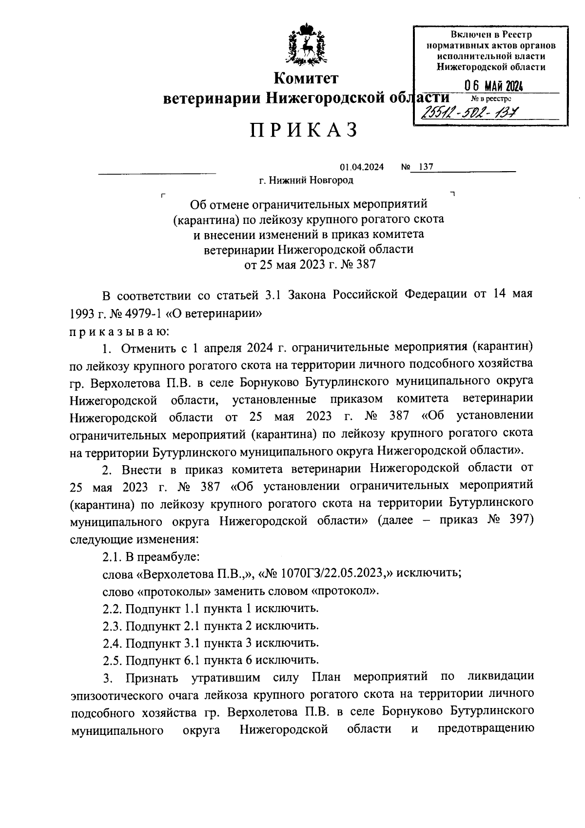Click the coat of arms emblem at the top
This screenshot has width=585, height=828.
pos(306,46)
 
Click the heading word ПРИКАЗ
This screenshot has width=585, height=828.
pos(305,130)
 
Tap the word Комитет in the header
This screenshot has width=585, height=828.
pos(306,78)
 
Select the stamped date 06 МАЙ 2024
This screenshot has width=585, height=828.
pos(493,87)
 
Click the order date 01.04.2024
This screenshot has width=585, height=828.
pos(362,167)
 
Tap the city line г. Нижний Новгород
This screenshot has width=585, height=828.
pos(306,180)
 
